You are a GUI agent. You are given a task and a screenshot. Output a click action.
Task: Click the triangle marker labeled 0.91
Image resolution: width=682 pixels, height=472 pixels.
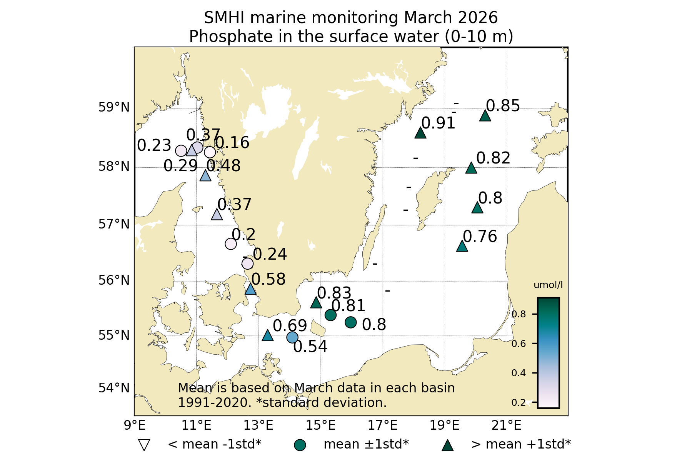pos(420,133)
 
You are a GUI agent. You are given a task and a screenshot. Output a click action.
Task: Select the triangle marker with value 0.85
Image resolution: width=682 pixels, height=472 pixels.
pos(485,116)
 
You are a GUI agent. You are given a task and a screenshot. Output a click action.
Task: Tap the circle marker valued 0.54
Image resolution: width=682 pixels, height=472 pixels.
pos(292,338)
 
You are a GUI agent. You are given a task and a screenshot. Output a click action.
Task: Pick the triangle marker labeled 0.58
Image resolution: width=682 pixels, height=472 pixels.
pos(250,289)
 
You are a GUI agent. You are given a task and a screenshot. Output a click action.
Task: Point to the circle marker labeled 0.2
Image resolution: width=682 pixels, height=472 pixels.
pos(230,244)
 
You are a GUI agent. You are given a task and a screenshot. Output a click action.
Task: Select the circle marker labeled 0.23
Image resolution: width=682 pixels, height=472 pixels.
pos(181,151)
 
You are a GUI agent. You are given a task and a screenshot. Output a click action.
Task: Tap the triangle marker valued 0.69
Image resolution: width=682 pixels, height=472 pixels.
pos(267,336)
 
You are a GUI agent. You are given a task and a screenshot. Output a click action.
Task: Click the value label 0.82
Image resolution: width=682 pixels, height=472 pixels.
pos(493,158)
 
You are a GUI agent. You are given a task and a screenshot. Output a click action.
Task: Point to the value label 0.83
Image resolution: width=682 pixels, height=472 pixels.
pos(334,293)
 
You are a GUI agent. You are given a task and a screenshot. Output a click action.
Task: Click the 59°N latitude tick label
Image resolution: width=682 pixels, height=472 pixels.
pos(114,107)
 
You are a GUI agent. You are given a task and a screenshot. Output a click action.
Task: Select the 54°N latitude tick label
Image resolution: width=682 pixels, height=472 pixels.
pos(114,388)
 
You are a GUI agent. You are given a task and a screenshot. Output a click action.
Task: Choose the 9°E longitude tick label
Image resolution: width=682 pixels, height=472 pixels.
pos(134,425)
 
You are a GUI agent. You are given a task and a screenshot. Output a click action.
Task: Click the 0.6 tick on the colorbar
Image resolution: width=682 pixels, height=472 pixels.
pos(518,344)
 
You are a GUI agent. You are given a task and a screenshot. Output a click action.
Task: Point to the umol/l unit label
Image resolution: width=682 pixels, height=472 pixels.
pos(548,285)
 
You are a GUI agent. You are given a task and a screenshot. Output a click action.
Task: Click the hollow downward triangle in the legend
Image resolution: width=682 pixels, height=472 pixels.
pos(144,445)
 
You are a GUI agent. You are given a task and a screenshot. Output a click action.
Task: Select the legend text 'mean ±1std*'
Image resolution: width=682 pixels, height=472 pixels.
pos(366,444)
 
